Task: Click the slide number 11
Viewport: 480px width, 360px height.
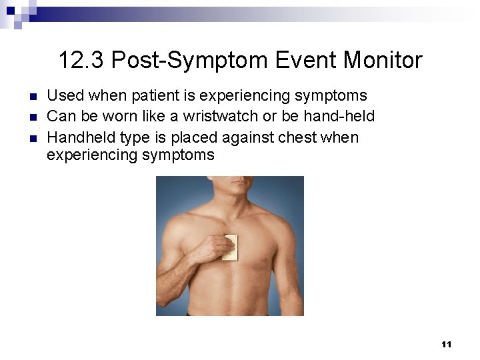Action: coord(446,344)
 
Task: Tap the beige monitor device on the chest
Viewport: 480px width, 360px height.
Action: coord(231,247)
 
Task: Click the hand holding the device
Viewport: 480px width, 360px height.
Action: coord(219,248)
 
